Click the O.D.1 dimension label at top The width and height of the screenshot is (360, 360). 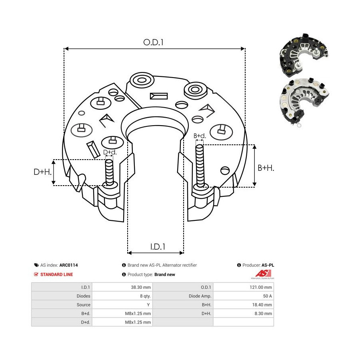(153, 42)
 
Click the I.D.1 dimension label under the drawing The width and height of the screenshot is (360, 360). (158, 247)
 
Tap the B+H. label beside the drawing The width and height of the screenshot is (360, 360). (266, 168)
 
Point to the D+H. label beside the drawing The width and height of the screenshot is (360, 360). (42, 172)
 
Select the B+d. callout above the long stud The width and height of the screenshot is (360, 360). (200, 136)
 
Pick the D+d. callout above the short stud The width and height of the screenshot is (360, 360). (110, 152)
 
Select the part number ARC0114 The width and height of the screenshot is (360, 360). (68, 265)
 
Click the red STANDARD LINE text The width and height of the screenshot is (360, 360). (56, 274)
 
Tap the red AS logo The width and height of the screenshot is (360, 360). (264, 274)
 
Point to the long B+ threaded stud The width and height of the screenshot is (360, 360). (200, 166)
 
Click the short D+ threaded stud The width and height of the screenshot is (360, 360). (109, 172)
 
